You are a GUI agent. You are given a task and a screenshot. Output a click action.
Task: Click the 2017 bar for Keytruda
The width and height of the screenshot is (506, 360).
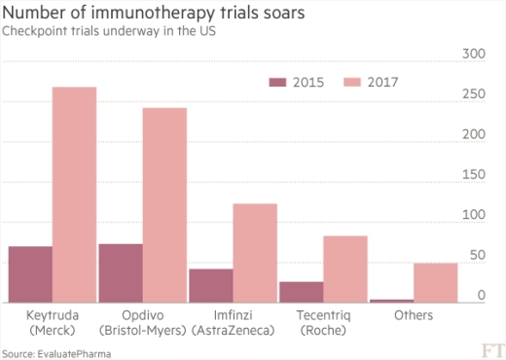75,195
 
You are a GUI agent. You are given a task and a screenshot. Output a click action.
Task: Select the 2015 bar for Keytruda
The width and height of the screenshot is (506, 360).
30,274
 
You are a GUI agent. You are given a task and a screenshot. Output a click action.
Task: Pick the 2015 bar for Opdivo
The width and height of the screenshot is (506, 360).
121,273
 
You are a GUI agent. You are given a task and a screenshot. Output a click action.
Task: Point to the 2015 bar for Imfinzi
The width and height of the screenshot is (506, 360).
210,286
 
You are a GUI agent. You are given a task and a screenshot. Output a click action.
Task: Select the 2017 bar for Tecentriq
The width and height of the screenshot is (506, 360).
345,270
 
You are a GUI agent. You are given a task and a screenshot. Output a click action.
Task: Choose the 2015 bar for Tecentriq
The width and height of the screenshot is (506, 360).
301,292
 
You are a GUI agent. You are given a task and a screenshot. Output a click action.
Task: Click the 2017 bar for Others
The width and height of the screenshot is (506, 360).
435,282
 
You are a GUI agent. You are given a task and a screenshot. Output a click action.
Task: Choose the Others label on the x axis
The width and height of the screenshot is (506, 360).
414,316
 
